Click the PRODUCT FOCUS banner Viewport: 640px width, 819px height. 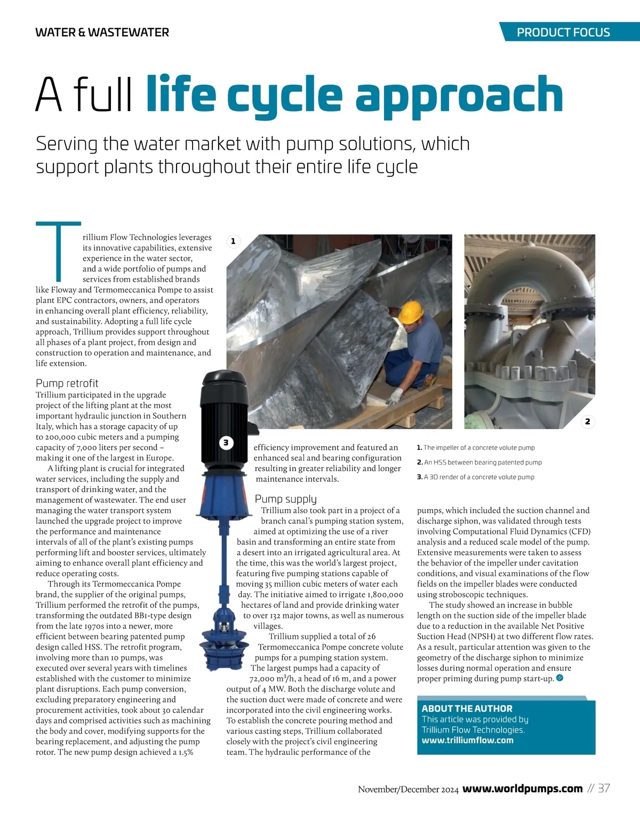[x=563, y=32]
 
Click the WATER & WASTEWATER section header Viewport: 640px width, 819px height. [x=102, y=33]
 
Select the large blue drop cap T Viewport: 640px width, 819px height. [x=59, y=251]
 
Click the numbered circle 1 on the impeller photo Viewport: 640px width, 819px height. [x=233, y=241]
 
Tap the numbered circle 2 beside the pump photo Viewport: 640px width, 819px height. [x=587, y=422]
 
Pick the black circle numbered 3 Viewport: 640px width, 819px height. [x=226, y=442]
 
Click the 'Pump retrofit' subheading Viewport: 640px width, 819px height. [x=67, y=383]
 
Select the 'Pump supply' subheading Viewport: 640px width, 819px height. [x=286, y=499]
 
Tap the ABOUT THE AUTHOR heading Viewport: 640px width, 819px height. [x=467, y=709]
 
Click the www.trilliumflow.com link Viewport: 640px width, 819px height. [x=467, y=741]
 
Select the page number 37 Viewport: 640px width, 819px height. [x=604, y=789]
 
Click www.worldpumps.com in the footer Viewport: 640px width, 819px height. [x=522, y=789]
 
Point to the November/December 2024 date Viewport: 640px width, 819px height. [x=408, y=790]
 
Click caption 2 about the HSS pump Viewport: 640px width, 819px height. [x=480, y=463]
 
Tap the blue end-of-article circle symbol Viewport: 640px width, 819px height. [x=559, y=678]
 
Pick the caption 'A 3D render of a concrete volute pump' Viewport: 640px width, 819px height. [x=476, y=477]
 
